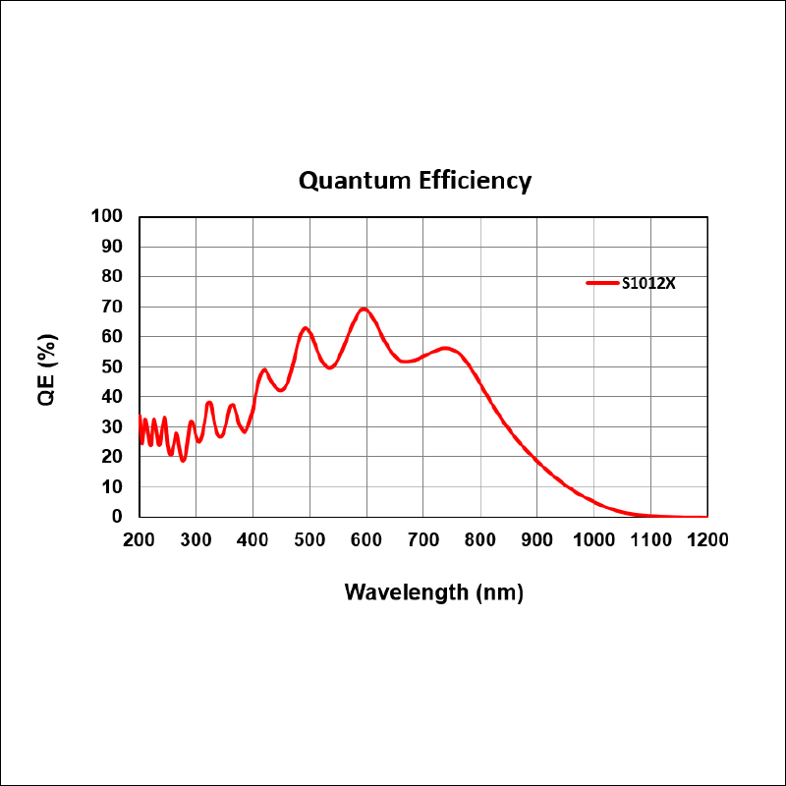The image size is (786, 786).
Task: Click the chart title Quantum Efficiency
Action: (415, 181)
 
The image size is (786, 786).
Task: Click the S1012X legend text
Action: (648, 284)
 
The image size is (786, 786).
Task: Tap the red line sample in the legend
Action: (601, 283)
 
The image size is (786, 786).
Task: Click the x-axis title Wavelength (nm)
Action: (433, 592)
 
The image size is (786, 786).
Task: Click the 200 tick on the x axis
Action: (140, 539)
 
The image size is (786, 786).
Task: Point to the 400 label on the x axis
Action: (253, 539)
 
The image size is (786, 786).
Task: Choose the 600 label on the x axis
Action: (366, 539)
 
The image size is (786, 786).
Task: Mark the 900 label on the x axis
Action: (537, 539)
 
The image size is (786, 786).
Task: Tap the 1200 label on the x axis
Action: (707, 539)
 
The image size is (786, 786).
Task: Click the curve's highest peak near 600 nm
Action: (364, 309)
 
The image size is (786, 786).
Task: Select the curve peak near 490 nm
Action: (306, 328)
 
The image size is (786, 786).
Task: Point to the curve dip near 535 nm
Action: (330, 367)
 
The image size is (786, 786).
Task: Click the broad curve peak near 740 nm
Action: (445, 348)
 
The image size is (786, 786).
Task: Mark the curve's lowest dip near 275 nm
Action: (183, 460)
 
